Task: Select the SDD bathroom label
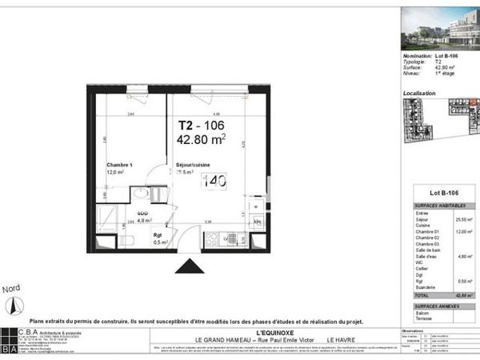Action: point(142,214)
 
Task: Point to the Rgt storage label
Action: point(159,234)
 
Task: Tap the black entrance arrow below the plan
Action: point(189,267)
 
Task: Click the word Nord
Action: point(12,288)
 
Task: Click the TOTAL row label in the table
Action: point(420,295)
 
